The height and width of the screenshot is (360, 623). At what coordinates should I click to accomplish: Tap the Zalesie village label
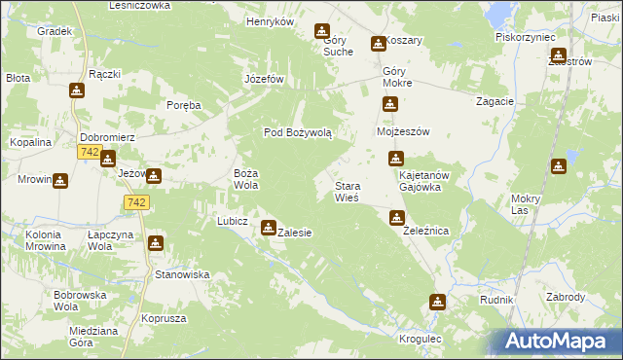coord(295,234)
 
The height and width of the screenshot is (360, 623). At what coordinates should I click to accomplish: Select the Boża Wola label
coord(245,178)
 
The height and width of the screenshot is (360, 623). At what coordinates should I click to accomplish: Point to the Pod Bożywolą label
coord(299,132)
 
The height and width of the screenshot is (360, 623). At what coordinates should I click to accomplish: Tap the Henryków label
coord(271,21)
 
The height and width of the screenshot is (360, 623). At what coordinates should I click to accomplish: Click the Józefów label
coord(264,79)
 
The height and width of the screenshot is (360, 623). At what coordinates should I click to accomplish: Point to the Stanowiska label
coord(183,274)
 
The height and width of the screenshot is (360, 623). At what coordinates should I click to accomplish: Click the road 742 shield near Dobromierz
coord(89,153)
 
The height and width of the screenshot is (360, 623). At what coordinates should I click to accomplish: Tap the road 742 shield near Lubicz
coord(136,201)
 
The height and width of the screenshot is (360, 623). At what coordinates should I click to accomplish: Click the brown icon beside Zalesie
coord(268,228)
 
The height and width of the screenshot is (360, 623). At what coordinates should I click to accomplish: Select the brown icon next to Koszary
coord(378,44)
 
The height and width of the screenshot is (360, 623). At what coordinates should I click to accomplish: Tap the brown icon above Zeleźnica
coord(396,217)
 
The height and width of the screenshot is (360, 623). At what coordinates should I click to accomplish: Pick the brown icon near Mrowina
coord(59,180)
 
